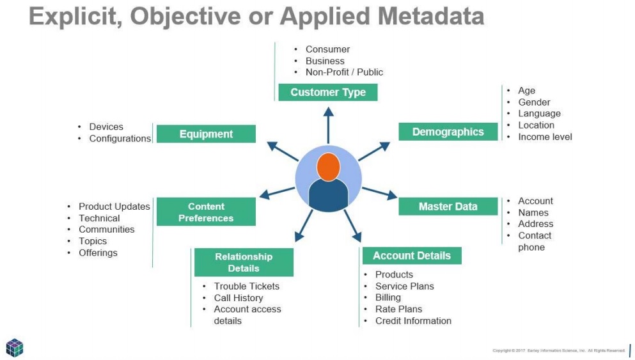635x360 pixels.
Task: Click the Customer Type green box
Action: click(327, 92)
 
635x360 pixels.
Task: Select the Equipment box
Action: click(206, 134)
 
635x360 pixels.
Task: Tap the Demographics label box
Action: click(448, 132)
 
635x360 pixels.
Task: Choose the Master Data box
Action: click(448, 207)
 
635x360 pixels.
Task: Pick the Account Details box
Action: click(412, 256)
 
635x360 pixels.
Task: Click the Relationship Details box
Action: click(244, 262)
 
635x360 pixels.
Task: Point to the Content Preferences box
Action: click(206, 212)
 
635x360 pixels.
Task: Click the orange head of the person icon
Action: click(328, 166)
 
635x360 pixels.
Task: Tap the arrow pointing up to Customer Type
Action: click(328, 125)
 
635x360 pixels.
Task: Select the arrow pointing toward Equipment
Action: click(282, 152)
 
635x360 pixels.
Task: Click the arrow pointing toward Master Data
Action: click(379, 192)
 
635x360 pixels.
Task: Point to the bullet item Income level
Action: click(545, 137)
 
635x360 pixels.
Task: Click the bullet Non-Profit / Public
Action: click(344, 72)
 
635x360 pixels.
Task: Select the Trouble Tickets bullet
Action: click(246, 286)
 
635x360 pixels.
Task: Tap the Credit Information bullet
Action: click(413, 321)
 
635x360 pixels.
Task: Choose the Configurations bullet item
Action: click(120, 139)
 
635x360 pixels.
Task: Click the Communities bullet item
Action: click(106, 230)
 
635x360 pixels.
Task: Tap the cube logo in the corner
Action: click(15, 347)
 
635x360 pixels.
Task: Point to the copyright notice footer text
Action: click(558, 350)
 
